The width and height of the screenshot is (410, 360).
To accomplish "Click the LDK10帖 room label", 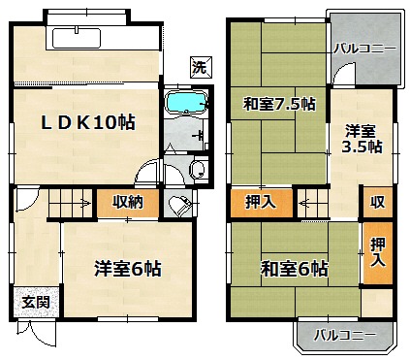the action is pos(88,122).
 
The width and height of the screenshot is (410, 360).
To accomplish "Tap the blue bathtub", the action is pos(186,102).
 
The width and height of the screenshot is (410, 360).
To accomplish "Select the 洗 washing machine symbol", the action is pos(201,67).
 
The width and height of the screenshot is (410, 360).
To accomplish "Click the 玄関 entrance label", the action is pos(36,303).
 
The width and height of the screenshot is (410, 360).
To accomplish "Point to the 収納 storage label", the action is pos(128,202).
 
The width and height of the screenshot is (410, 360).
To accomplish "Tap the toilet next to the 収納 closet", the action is pos(181,205).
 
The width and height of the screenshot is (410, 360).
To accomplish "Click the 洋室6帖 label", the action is pos(128,269).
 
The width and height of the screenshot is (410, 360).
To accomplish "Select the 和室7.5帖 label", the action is pos(279,104).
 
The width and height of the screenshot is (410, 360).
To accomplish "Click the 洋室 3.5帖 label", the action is pos(363,139).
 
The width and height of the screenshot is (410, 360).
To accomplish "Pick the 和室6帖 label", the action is pos(295,269).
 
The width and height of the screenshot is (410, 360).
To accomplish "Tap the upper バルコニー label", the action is pos(364,49).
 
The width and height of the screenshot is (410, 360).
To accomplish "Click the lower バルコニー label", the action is pos(345,335).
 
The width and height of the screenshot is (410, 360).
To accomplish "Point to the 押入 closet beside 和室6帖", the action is pos(378,252).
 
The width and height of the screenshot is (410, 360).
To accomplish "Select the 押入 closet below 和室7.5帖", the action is pos(261,203).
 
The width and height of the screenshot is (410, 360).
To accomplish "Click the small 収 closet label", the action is pos(377,202).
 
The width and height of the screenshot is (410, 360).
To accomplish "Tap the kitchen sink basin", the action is pos(77,38).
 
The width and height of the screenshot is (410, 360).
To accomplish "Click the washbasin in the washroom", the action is pos(197,169).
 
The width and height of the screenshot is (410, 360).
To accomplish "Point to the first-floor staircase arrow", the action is pos(86,203).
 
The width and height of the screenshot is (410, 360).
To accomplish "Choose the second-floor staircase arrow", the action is pos(303,203).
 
